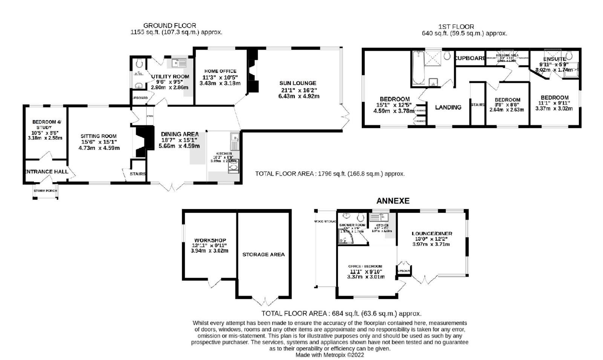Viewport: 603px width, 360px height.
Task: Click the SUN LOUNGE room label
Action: click(x=297, y=83)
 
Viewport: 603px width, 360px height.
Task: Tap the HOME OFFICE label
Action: click(x=220, y=71)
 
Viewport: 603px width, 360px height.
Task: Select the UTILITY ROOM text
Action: click(x=170, y=76)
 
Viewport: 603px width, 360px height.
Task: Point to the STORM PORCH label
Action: click(x=45, y=191)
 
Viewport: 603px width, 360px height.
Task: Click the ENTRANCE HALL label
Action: click(x=46, y=172)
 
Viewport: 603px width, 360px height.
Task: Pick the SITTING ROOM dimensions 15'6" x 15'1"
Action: click(x=99, y=142)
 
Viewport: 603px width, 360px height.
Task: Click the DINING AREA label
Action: click(x=179, y=134)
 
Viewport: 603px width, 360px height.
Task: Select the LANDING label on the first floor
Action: click(x=448, y=107)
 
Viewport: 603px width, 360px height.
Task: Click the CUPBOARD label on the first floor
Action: click(x=470, y=58)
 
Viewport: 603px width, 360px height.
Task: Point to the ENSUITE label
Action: click(x=554, y=59)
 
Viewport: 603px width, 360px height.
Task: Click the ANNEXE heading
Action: click(x=393, y=201)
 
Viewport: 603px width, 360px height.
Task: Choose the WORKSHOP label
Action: click(x=210, y=240)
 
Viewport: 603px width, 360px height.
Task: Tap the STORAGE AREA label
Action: click(x=263, y=255)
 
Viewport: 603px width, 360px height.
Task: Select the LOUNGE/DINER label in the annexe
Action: click(x=432, y=233)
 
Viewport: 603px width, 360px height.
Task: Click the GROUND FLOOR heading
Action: click(x=169, y=26)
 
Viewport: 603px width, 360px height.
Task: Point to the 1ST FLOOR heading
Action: click(x=456, y=27)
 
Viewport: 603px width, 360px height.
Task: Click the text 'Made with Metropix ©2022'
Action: click(x=330, y=355)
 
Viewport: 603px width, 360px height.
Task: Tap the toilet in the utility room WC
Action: click(x=138, y=62)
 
